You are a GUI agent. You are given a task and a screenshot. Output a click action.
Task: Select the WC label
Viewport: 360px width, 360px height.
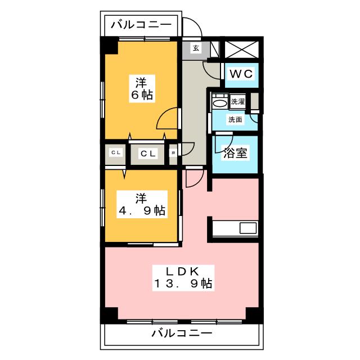(x=242, y=73)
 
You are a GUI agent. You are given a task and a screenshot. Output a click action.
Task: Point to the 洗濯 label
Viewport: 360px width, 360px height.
(x=237, y=102)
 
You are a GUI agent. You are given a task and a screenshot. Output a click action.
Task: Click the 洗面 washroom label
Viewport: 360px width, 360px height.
(x=235, y=119)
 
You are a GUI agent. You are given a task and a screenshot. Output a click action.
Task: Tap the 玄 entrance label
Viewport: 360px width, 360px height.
(x=196, y=48)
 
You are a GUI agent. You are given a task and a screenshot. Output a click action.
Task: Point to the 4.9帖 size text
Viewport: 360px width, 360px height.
(x=141, y=211)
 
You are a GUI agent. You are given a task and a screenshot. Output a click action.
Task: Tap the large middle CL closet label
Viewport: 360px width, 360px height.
(x=148, y=152)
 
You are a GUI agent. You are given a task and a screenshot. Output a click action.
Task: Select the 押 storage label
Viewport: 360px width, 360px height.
(x=173, y=152)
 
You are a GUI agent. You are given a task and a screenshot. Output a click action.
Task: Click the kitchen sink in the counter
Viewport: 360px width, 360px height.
(x=248, y=228)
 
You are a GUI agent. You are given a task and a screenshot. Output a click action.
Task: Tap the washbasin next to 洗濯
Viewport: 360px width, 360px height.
(x=219, y=103)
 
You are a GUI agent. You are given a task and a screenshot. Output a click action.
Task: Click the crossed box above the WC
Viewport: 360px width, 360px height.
(x=242, y=48)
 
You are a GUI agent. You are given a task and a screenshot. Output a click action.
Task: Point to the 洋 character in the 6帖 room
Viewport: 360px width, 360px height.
(x=141, y=80)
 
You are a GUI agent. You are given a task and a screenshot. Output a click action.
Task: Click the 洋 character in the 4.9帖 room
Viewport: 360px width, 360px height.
(x=141, y=198)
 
